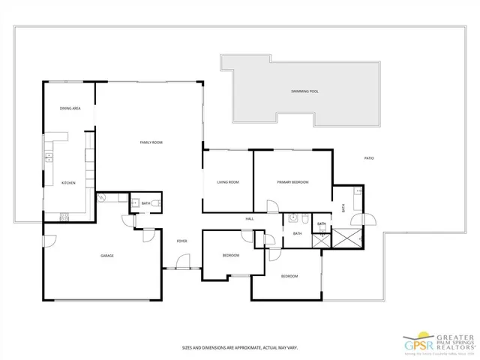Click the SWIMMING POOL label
pos(304,91)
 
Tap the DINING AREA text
pos(70,109)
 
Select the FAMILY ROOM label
pos(151,142)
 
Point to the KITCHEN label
pos(67,182)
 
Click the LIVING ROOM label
pos(227,182)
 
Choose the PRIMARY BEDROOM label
pos(292,182)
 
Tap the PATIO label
pos(369,158)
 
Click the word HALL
pos(250,219)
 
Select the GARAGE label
pos(107,256)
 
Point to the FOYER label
pos(181,241)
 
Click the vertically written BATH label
pos(343,208)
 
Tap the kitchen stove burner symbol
pos(64,218)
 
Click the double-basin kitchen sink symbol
pos(49,157)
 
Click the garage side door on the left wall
pos(49,241)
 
